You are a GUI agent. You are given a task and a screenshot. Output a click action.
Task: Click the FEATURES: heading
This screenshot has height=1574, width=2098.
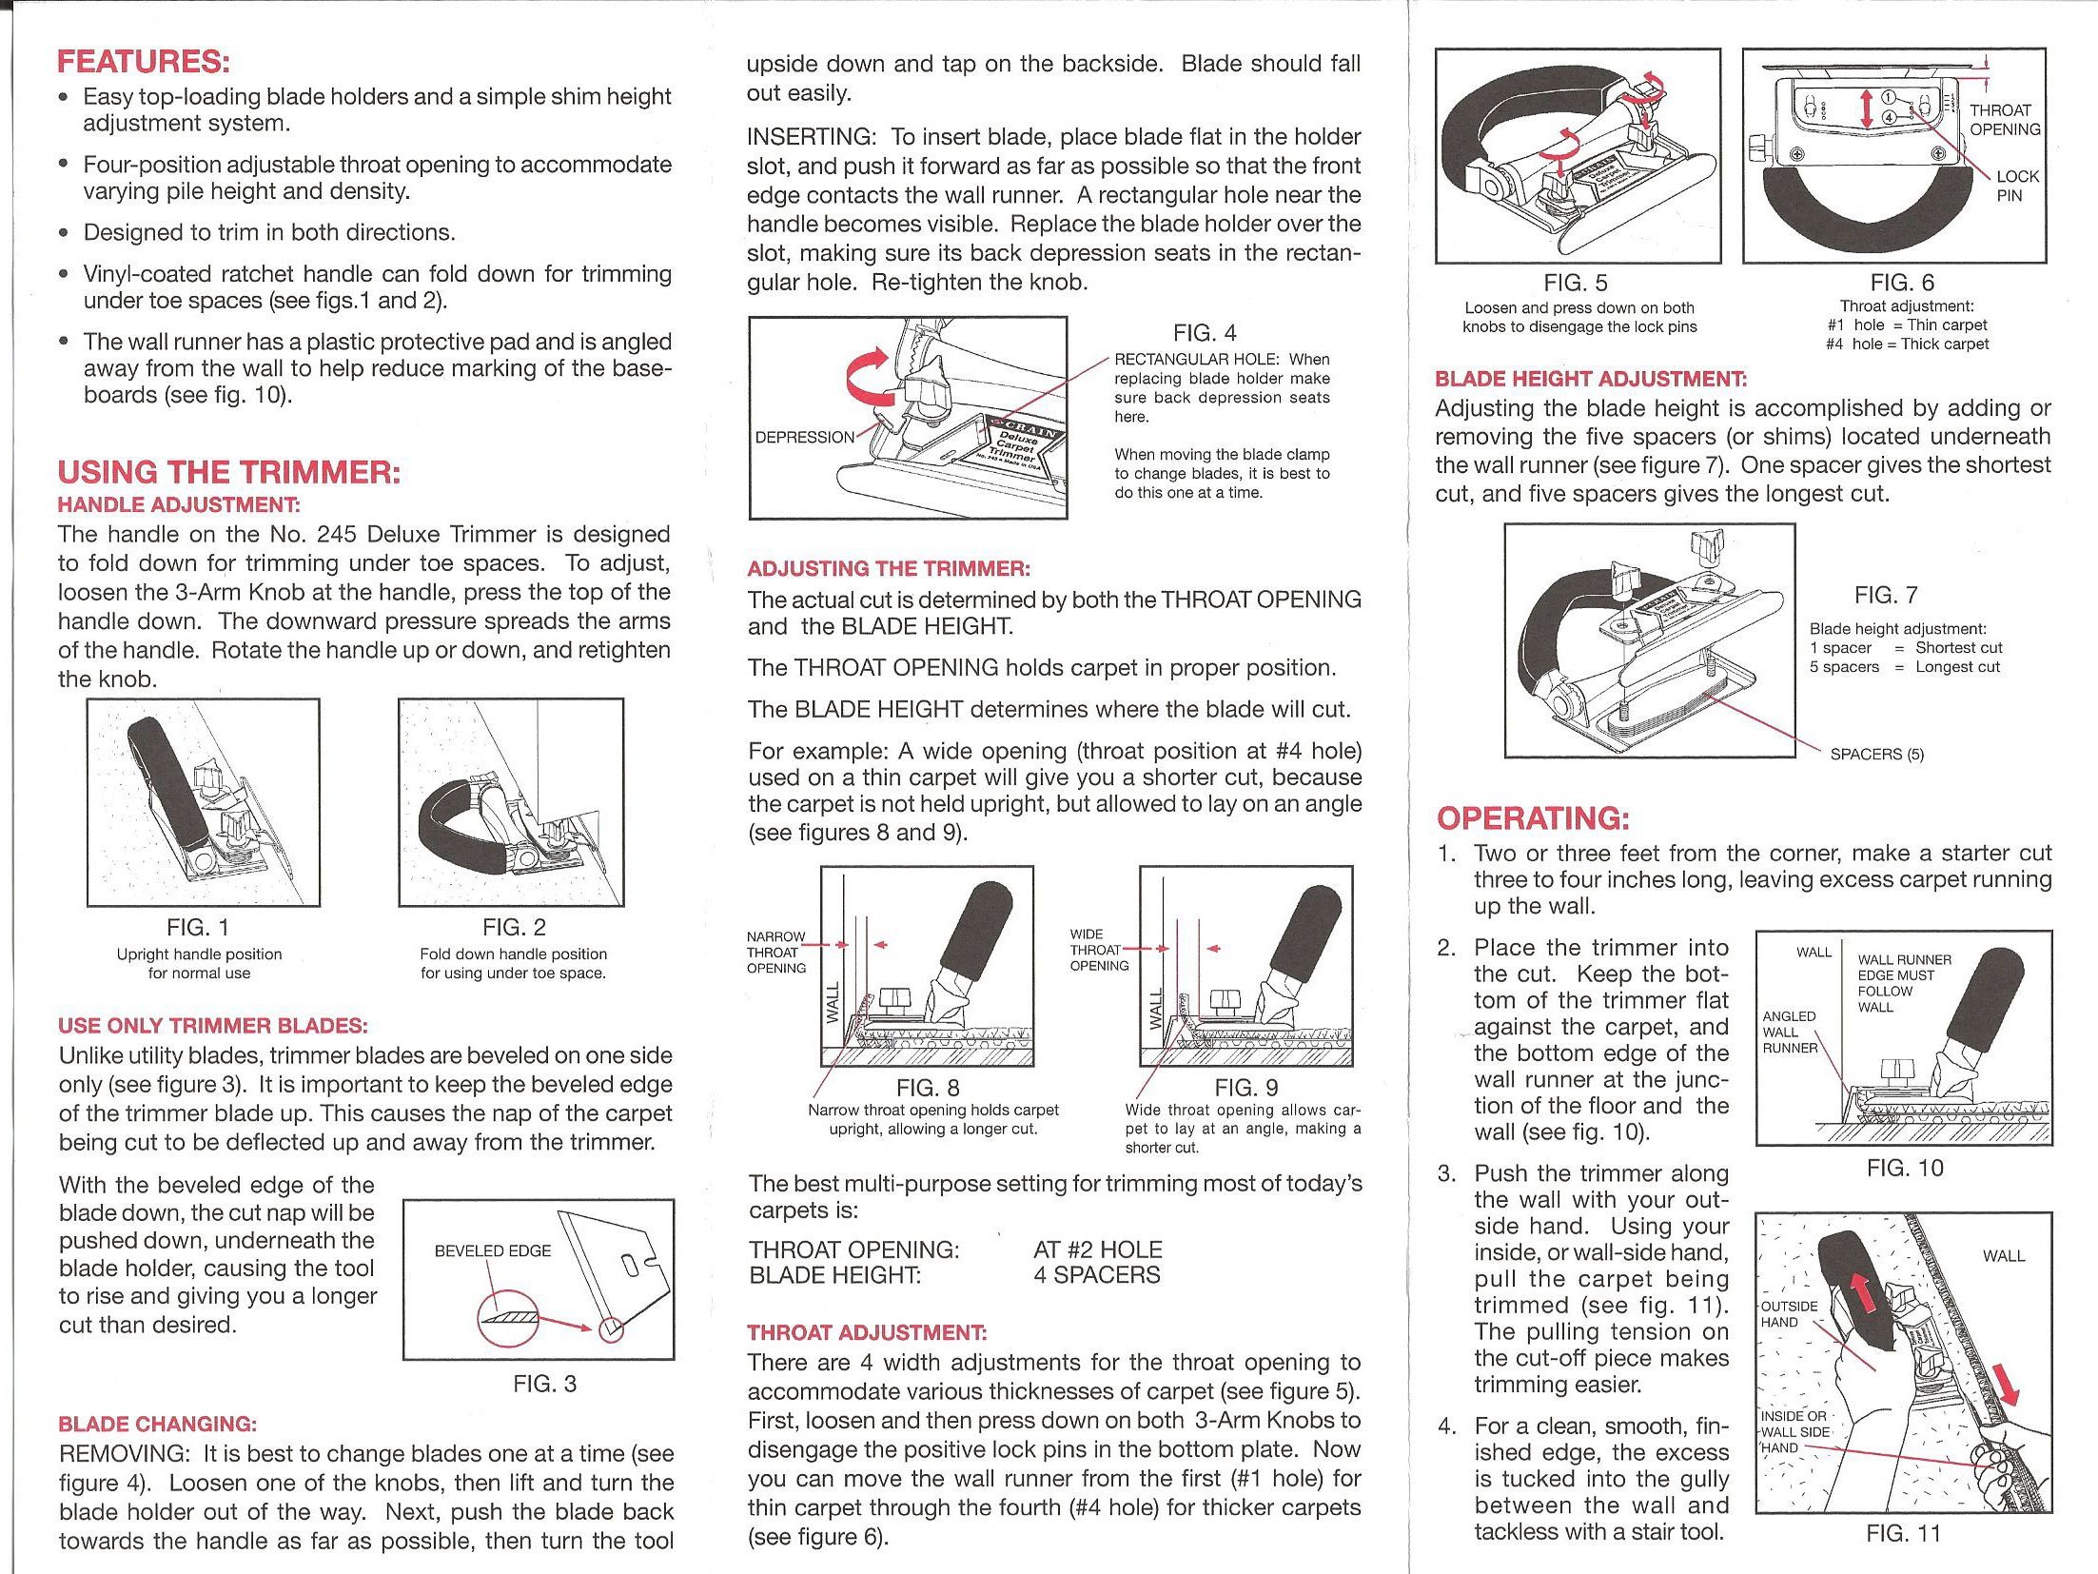click(144, 63)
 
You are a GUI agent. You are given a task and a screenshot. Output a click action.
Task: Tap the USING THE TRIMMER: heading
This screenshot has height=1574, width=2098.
click(228, 472)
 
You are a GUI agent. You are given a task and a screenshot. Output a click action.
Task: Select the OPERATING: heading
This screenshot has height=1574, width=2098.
click(1533, 818)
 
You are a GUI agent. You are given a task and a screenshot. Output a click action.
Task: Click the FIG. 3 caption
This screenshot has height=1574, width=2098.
click(544, 1384)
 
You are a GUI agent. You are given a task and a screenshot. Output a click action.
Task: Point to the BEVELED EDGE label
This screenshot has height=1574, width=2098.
click(492, 1250)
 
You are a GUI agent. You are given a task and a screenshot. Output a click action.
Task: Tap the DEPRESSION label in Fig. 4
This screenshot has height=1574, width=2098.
click(804, 438)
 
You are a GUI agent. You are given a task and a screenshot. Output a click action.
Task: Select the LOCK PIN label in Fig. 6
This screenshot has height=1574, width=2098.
click(2016, 186)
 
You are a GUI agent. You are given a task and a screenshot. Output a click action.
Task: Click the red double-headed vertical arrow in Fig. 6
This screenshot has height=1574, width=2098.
click(1867, 108)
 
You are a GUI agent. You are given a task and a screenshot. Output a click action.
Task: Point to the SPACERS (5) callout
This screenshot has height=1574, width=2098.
click(1876, 755)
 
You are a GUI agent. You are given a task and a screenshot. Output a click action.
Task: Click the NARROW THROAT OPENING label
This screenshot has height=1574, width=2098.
click(775, 953)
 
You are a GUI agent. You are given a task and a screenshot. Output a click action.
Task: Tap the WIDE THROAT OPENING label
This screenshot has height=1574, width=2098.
click(1098, 950)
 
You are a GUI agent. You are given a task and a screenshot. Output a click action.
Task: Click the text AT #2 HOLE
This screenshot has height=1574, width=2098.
click(1097, 1249)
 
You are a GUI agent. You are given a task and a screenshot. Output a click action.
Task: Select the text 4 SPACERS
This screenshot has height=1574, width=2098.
click(1096, 1275)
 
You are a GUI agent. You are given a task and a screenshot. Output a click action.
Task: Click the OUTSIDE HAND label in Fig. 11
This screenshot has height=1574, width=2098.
click(1788, 1314)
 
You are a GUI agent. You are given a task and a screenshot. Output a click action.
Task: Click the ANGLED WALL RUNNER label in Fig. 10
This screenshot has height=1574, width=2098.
click(1789, 1033)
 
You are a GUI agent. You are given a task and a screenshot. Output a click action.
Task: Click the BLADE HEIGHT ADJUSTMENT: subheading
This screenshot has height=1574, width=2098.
click(1590, 379)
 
